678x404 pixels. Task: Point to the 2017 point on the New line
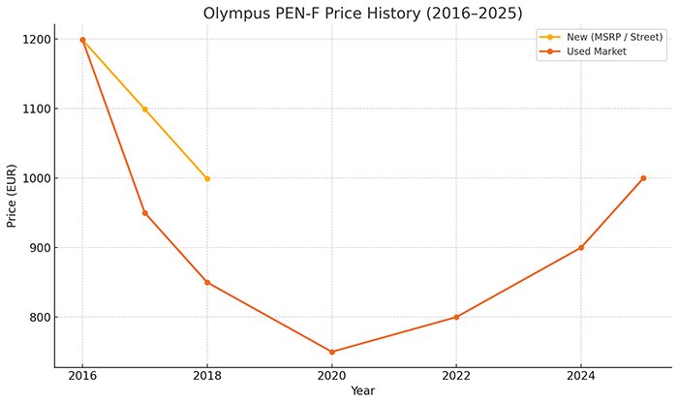tap(145, 109)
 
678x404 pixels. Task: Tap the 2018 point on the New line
tap(207, 178)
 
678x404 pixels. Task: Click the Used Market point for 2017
tap(145, 213)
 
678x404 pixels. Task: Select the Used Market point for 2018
tap(207, 283)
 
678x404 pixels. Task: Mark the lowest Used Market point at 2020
tap(332, 352)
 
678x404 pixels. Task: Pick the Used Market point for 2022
tap(456, 317)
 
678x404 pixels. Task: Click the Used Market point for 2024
tap(581, 248)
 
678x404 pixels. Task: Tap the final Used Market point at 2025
tap(643, 178)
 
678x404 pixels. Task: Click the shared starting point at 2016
tap(82, 40)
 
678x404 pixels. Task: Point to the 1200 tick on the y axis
tap(39, 40)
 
